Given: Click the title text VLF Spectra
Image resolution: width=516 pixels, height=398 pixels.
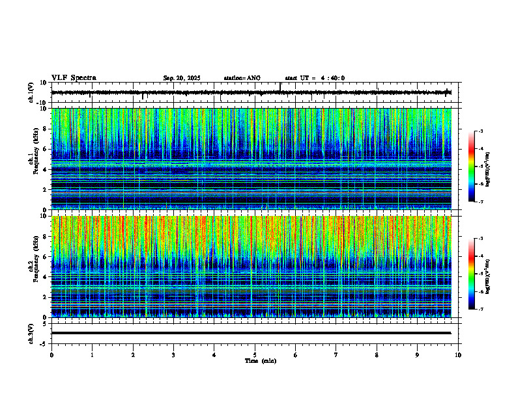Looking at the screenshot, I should (x=74, y=78).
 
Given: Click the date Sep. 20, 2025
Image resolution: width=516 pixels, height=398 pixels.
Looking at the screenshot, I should (x=182, y=78).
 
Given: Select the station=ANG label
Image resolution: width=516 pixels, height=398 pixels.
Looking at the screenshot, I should (x=242, y=78).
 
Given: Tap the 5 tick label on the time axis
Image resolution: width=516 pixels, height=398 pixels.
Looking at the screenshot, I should (x=255, y=354).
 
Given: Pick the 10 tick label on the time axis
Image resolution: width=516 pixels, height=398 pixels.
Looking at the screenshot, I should (x=458, y=354).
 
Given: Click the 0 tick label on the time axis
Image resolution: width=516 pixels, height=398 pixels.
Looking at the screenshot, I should (x=51, y=354).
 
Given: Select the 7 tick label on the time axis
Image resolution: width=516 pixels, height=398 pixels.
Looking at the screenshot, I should (x=336, y=354).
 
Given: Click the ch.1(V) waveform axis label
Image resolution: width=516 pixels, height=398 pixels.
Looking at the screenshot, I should (x=31, y=93).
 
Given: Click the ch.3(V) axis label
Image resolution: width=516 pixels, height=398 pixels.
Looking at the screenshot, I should (x=31, y=333).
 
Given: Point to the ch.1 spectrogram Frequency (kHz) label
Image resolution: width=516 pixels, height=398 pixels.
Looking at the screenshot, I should (x=33, y=159).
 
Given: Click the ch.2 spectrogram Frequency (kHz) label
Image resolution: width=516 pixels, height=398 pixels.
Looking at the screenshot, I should (x=33, y=266).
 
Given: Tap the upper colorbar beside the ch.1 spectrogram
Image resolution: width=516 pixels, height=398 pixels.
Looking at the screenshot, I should (x=472, y=166).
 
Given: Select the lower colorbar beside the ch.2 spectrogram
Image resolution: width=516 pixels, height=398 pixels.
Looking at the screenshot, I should (x=472, y=274).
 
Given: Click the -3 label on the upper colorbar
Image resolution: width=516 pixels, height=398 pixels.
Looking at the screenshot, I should (x=480, y=131).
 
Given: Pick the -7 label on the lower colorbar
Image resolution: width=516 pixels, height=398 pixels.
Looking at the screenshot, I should (x=480, y=310).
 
